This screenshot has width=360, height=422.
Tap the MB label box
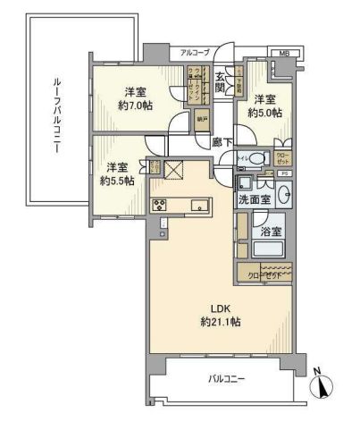285,54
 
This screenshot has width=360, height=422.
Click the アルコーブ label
194,52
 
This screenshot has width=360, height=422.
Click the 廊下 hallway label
222,140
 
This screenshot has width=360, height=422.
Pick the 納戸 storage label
203,117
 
